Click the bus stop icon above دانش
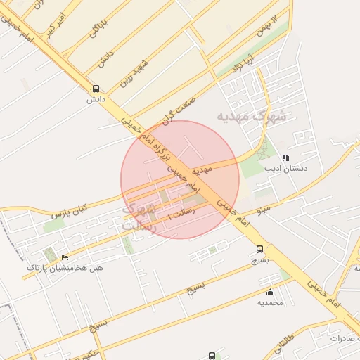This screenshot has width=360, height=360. tap(96, 89)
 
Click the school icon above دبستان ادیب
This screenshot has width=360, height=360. tap(285, 158)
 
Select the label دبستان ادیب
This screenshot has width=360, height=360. tap(285, 169)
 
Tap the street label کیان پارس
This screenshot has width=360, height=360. tap(68, 210)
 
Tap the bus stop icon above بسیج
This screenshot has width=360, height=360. tap(260, 249)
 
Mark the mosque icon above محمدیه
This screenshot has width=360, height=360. tap(270, 292)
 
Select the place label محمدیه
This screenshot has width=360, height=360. tap(270, 302)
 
